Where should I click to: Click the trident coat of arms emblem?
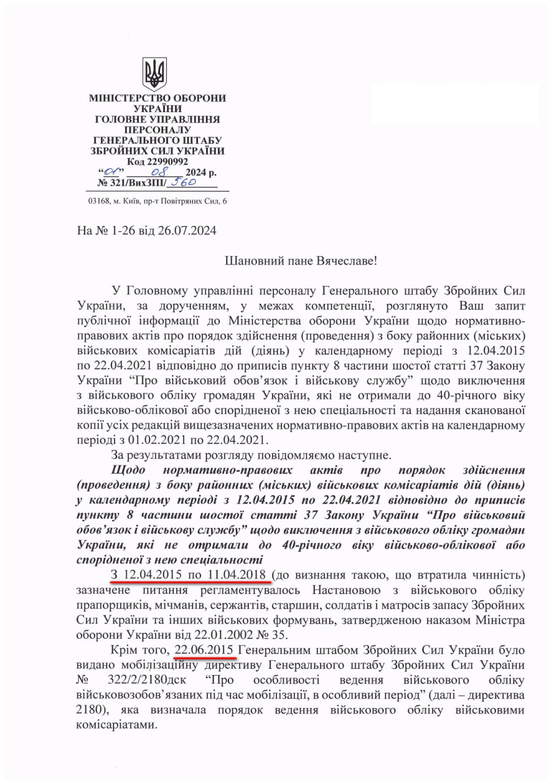(x=154, y=74)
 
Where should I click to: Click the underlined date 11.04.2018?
(x=236, y=575)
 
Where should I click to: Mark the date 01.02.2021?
(x=160, y=439)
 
